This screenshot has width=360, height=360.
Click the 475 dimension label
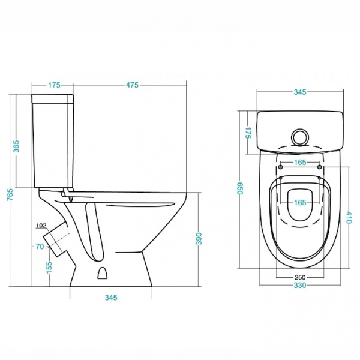coord(132,85)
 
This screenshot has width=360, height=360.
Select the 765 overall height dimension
coord(11,194)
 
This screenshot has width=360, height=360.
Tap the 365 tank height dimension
coord(17,146)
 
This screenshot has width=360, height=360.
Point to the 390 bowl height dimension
coord(199,239)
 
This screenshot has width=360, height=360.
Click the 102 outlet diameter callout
coord(41,226)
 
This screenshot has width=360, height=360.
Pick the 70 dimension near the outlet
coord(40,247)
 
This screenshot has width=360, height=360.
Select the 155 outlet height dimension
coord(49,268)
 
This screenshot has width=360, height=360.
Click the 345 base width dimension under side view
coord(111,298)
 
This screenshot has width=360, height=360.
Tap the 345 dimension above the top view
coord(300,92)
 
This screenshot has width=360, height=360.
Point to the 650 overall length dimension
coord(240,188)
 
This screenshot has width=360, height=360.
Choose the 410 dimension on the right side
coord(349,218)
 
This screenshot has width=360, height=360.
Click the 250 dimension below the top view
coord(300,277)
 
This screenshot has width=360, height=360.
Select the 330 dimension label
coord(300,286)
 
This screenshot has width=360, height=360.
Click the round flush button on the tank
coord(299,137)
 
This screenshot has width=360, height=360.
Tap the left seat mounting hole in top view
coord(281,167)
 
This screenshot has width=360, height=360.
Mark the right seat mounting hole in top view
coord(319,167)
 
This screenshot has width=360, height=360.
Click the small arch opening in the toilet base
coord(103,273)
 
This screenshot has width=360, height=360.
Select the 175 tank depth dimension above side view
coord(54,85)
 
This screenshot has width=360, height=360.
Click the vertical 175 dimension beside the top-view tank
coord(248,133)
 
